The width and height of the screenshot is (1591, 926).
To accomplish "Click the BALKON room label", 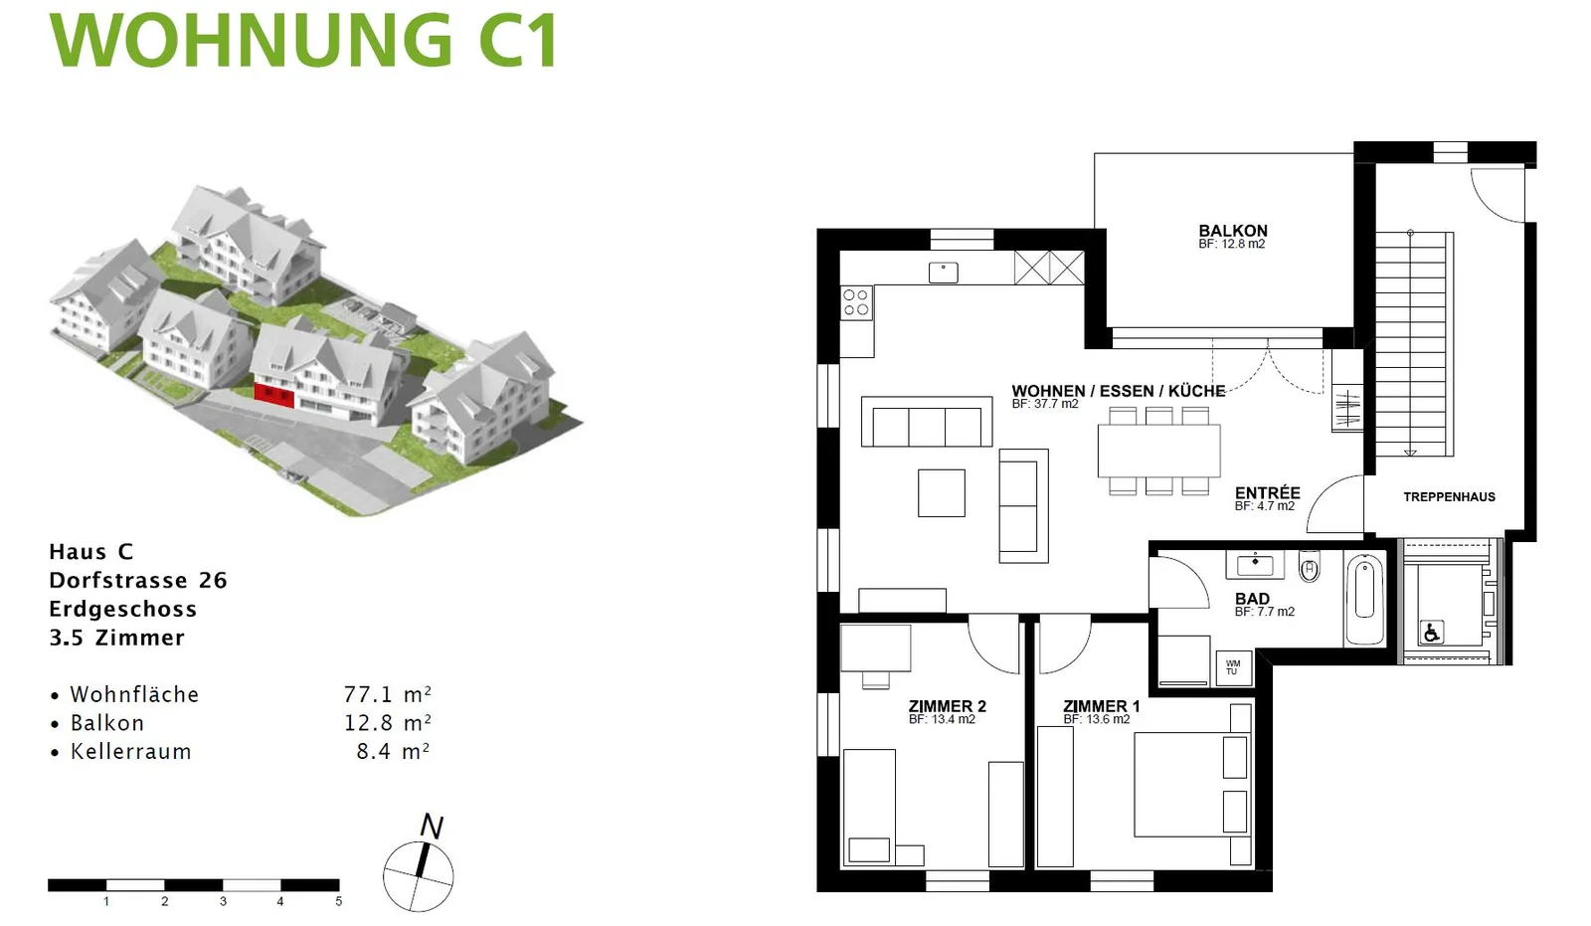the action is click(1232, 231).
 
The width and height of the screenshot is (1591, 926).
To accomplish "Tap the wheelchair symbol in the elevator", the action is click(1431, 631).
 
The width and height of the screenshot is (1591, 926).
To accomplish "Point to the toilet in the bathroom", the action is click(1309, 566).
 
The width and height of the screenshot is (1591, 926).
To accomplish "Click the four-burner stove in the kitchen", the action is click(856, 302).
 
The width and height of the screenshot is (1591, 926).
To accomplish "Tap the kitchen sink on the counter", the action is click(944, 273).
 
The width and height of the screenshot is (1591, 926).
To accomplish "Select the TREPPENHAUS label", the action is click(1449, 496).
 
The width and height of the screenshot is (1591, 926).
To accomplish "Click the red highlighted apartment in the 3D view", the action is click(274, 395).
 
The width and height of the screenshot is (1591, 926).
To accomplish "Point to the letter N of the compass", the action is click(432, 826).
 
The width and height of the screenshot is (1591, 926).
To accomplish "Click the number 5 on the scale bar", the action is click(339, 901).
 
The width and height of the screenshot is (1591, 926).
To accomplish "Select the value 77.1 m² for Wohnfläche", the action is click(388, 693).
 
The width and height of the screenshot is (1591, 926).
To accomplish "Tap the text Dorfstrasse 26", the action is click(138, 580).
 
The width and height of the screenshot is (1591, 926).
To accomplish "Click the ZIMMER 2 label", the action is click(948, 706).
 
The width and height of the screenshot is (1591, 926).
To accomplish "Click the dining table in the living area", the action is click(1158, 451).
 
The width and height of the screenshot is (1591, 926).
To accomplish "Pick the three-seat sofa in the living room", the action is click(926, 422).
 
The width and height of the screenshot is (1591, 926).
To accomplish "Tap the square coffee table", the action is click(941, 492).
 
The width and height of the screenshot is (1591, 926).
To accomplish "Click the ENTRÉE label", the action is click(1267, 493).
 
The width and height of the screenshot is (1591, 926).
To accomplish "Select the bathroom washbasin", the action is click(1255, 565).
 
